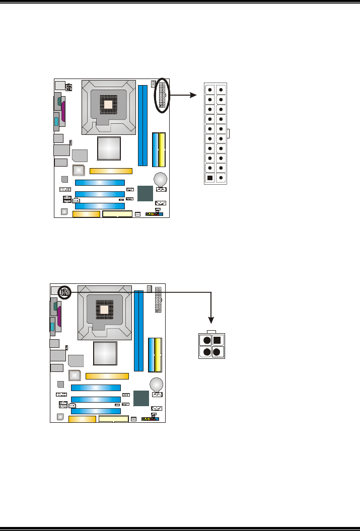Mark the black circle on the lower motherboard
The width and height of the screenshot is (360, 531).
[x=64, y=292]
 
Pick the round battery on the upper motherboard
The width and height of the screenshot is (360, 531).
[x=161, y=179]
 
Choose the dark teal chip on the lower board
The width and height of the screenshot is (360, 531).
[x=142, y=399]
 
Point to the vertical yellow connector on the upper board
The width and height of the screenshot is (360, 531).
[x=162, y=149]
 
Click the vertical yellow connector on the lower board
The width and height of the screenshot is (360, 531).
[x=158, y=354]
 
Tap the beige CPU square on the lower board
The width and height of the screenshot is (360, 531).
[x=104, y=309]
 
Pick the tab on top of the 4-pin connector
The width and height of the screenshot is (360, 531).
[x=211, y=331]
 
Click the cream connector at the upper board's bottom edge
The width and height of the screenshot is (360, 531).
[x=117, y=214]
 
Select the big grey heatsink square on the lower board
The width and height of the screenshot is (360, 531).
[x=105, y=355]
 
